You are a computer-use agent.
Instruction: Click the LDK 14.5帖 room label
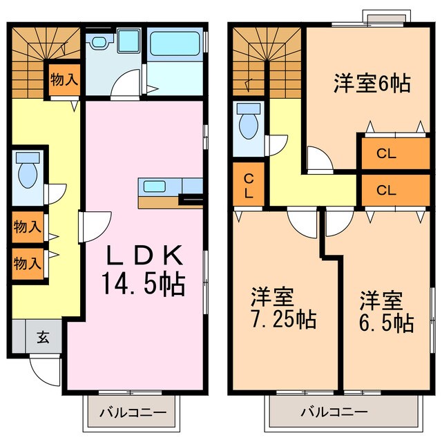[144, 270]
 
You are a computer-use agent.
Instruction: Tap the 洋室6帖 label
[372, 84]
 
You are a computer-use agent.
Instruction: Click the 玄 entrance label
[43, 338]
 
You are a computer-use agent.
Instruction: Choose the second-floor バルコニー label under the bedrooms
[334, 412]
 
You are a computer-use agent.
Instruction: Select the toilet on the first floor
[28, 173]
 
